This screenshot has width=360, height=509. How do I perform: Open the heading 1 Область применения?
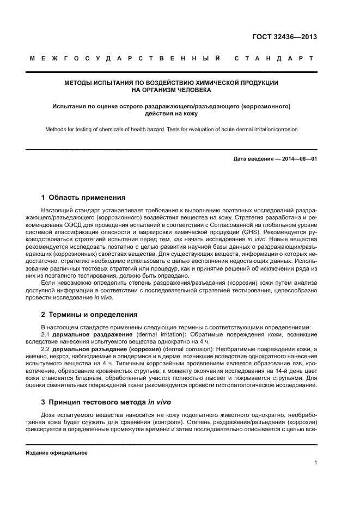(83, 198)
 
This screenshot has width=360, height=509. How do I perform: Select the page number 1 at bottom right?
(315, 463)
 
